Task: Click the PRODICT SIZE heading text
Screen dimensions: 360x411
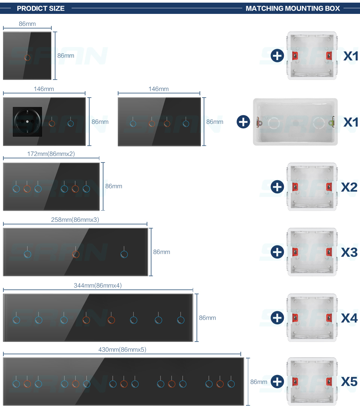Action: [x=40, y=8]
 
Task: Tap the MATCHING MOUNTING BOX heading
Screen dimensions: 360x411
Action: [x=293, y=8]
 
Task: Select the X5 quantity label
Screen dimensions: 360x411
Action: [x=349, y=381]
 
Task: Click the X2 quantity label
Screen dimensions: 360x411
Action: [x=349, y=187]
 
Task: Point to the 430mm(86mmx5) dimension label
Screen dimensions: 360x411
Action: [x=122, y=349]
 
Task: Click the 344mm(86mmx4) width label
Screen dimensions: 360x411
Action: [x=97, y=285]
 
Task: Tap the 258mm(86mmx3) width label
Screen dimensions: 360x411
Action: [x=75, y=220]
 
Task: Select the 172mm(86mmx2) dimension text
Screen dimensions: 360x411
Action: [x=51, y=154]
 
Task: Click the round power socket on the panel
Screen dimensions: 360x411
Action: [x=27, y=122]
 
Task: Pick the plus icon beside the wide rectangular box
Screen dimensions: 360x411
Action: [x=243, y=122]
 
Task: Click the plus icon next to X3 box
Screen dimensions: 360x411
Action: [x=277, y=252]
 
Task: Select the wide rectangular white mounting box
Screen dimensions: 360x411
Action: [x=295, y=122]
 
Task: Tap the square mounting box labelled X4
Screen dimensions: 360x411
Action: [x=312, y=318]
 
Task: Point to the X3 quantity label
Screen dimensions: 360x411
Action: [x=349, y=252]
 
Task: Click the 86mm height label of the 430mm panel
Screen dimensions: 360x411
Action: [x=259, y=382]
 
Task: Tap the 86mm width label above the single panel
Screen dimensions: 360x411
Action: [x=27, y=24]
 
